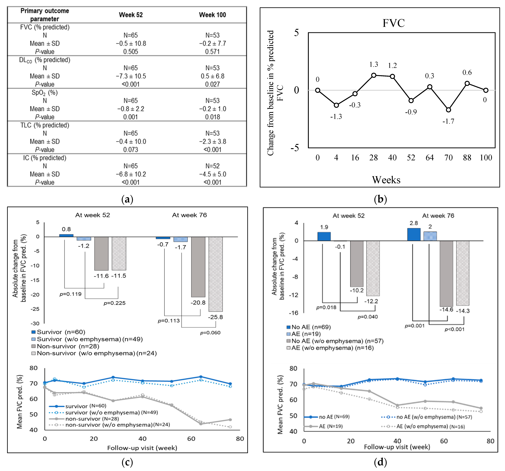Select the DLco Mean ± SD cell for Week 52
(131, 76)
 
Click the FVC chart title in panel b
(393, 23)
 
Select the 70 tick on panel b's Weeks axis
(448, 158)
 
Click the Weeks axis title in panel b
(386, 180)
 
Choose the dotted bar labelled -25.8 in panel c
(216, 274)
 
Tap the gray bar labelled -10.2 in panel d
(357, 264)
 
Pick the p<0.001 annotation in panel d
(454, 329)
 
